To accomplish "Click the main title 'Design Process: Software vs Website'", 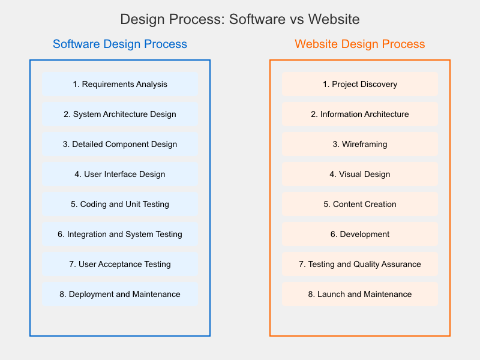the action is coord(240,19).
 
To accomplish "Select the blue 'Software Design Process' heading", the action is coord(120,44).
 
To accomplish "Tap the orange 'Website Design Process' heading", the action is coord(360,44).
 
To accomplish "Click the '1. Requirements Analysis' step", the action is coord(120,84).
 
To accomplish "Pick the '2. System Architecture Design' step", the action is coord(120,114).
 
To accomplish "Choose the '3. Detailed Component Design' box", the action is coord(120,144).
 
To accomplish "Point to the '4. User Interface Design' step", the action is coord(120,174).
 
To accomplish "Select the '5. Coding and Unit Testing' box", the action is coord(120,204).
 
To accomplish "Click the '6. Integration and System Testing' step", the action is coord(120,234).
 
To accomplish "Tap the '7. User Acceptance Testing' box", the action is coord(120,264).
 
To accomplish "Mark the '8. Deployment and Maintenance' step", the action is coord(120,294).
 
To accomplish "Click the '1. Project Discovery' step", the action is coord(360,84).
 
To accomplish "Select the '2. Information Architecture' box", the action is coord(360,114).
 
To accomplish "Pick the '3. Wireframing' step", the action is coord(360,144).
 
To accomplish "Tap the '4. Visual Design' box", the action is coord(360,174).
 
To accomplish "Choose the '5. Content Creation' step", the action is coord(360,204).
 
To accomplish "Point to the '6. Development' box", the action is coord(360,234).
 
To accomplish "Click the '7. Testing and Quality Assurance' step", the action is coord(360,264).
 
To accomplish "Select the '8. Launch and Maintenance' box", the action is coord(360,294).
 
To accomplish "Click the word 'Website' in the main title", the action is coord(334,19).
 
